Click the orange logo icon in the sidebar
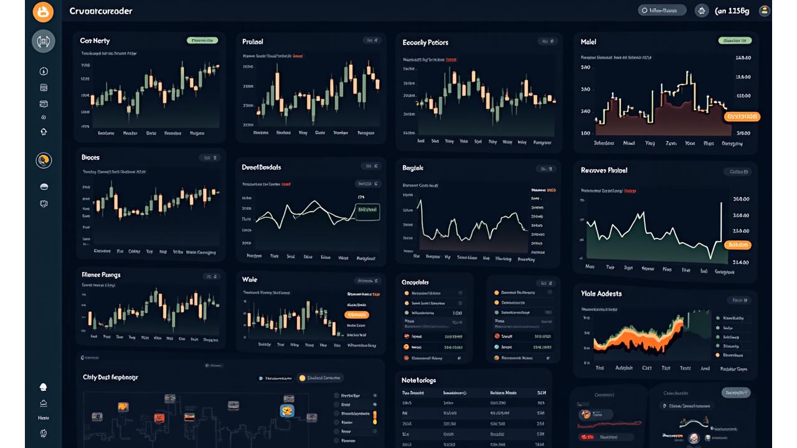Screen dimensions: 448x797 click(44, 11)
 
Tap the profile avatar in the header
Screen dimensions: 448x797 click(764, 11)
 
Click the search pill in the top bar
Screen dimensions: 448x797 click(662, 11)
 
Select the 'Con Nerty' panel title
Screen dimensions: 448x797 click(95, 41)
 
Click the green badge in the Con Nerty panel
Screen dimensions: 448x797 click(202, 40)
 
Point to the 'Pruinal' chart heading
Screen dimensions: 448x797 click(253, 42)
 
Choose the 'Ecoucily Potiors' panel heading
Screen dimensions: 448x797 click(425, 42)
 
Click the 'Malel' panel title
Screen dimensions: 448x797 click(588, 42)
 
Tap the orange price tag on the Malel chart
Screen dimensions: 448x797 click(742, 116)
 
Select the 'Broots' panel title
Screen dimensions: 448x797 click(90, 157)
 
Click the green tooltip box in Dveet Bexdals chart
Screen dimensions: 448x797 click(366, 212)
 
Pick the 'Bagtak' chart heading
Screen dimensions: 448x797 click(413, 168)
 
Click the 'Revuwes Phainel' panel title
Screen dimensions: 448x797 click(604, 170)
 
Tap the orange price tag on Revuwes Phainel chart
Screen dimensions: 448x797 click(738, 245)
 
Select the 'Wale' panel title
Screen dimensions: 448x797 click(250, 280)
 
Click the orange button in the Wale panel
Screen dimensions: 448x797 click(357, 315)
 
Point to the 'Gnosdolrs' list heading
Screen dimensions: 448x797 click(415, 282)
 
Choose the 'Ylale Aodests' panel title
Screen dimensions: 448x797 click(601, 294)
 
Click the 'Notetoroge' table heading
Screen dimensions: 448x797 click(419, 380)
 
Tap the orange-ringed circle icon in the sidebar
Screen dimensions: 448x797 click(44, 161)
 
